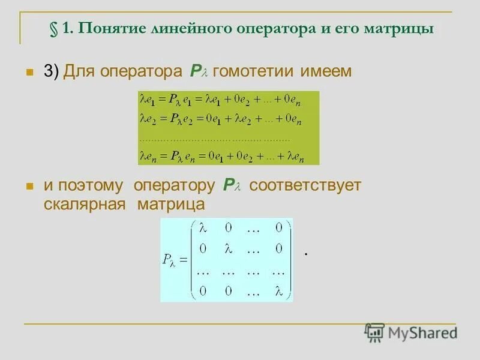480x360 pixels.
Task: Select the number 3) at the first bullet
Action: click(51, 71)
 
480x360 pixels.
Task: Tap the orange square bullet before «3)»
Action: click(28, 72)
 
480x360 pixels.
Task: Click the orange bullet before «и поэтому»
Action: click(28, 186)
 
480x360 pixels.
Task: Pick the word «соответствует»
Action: click(305, 185)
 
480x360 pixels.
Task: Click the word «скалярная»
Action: click(84, 204)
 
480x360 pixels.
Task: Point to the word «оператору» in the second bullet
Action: click(174, 185)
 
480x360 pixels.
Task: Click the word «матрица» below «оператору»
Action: click(171, 204)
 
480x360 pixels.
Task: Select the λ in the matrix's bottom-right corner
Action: click(278, 291)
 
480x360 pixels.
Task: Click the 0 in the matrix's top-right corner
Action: click(278, 227)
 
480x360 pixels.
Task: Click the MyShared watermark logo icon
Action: click(374, 332)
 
